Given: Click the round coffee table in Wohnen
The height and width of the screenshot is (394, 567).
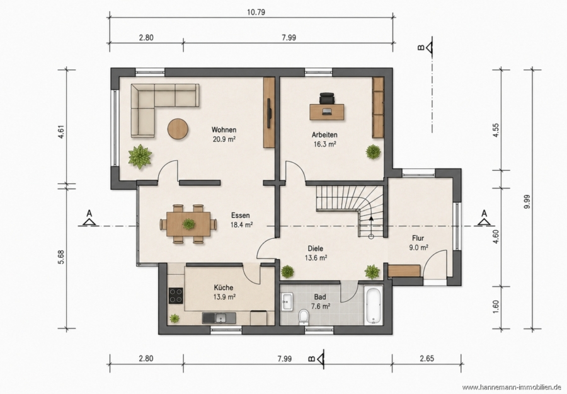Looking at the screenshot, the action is tap(178, 129).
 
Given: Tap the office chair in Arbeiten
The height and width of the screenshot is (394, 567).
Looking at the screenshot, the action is tap(327, 98).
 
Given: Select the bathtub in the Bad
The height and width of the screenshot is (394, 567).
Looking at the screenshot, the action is tap(374, 305).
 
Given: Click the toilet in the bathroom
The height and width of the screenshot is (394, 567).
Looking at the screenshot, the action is tap(302, 318).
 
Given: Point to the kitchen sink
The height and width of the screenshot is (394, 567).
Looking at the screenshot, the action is tap(219, 318).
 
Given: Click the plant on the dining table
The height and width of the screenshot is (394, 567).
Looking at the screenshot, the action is tap(188, 224).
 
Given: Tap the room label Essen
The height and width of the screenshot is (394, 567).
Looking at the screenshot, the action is tap(241, 215).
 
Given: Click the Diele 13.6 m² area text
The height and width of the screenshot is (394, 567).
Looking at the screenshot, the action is tap(316, 253).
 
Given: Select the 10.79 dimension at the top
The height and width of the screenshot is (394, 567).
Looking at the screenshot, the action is tap(256, 13).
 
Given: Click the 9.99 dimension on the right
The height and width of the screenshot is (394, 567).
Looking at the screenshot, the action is tap(527, 202).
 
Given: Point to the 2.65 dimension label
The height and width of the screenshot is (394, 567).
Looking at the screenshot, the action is tap(427, 359).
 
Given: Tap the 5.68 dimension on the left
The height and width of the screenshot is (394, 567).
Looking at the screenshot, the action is tap(61, 257).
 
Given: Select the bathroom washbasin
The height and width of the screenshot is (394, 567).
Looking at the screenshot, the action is tap(288, 301).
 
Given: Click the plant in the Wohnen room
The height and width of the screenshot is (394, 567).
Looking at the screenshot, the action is tap(140, 156).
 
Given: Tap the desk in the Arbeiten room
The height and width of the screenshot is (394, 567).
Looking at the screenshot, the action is tap(327, 112).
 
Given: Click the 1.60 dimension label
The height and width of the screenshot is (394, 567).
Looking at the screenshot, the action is tap(496, 307).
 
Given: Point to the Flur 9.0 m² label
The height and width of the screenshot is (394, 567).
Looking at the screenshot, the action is tap(418, 243).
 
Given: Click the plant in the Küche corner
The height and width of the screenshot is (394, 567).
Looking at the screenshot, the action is tap(175, 318).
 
